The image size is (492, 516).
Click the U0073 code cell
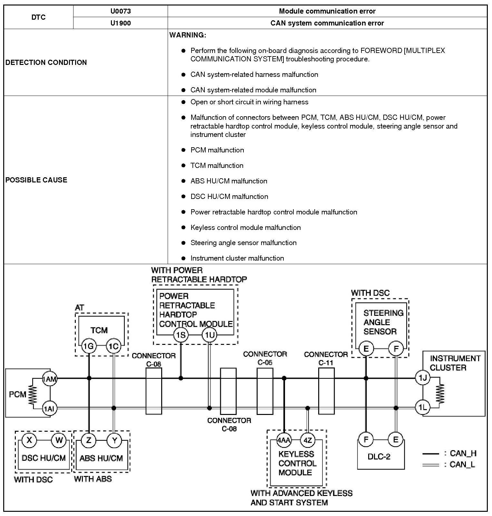[121, 11]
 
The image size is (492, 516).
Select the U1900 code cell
[121, 23]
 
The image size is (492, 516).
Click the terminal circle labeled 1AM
[50, 379]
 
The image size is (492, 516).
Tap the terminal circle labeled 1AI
[50, 409]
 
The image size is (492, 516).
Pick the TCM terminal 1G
[88, 346]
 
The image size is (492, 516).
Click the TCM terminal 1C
[113, 346]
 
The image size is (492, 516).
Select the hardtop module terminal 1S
[181, 335]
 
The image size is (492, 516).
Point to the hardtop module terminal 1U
[209, 335]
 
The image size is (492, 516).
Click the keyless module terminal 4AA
[284, 440]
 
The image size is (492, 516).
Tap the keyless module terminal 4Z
[308, 440]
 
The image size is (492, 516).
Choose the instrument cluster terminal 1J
[422, 378]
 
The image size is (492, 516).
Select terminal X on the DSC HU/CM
[29, 440]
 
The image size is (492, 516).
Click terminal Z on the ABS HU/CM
[88, 440]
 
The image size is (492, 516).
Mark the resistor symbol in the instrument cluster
[440, 393]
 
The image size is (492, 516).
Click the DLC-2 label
[379, 457]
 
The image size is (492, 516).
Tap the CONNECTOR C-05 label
[265, 358]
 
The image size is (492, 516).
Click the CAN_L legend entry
[450, 465]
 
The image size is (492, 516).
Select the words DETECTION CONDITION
[46, 62]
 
